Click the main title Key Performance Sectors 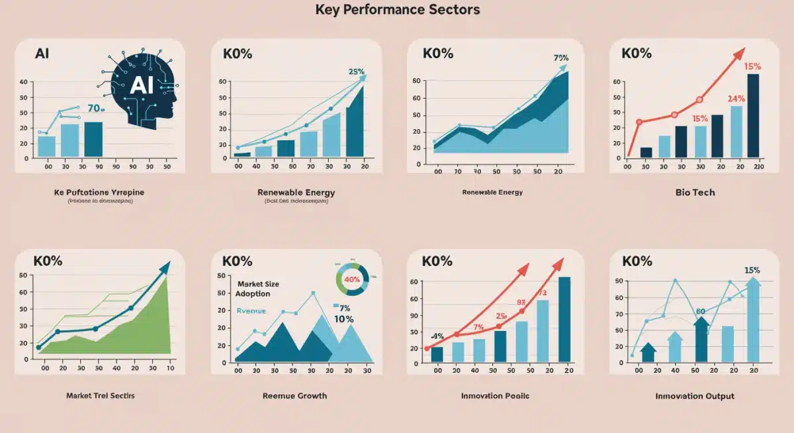click(397, 10)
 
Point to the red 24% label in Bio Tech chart click(736, 99)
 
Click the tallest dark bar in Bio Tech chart click(753, 116)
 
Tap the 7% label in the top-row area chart click(560, 58)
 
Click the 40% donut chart click(352, 279)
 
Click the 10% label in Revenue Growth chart click(343, 318)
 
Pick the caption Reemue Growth click(294, 395)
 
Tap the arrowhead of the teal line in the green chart click(163, 267)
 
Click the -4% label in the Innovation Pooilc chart click(437, 336)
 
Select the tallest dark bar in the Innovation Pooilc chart click(564, 319)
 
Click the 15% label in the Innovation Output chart click(752, 270)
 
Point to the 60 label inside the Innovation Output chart click(700, 312)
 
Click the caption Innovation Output click(694, 396)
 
